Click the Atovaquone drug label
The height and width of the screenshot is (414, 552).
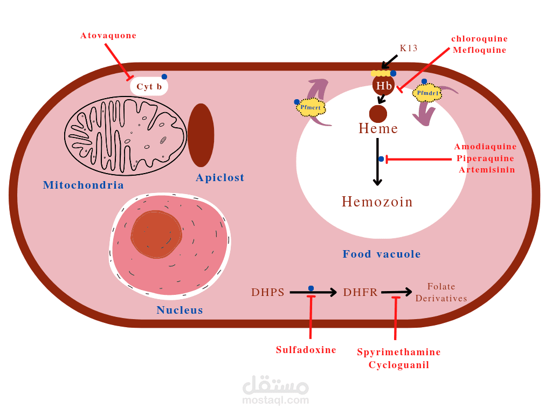(108, 36)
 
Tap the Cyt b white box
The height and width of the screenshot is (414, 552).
(149, 86)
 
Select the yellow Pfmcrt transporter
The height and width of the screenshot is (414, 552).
(310, 107)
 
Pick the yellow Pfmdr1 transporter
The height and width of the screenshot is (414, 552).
(427, 93)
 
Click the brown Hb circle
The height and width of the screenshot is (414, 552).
(383, 86)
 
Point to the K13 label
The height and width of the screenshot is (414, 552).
(409, 48)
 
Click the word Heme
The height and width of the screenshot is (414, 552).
(378, 128)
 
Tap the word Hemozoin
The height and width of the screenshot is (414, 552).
(377, 202)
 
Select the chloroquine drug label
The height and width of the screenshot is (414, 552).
(479, 39)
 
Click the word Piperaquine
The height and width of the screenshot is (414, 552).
(485, 158)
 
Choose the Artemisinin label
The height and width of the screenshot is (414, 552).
(487, 170)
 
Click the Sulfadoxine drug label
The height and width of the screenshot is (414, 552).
(306, 350)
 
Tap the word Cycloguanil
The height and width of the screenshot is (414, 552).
(399, 365)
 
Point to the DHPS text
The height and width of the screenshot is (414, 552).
(267, 292)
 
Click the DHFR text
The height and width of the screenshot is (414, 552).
(360, 292)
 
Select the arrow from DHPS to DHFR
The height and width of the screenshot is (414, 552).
(313, 292)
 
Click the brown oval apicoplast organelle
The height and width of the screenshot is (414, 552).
(201, 135)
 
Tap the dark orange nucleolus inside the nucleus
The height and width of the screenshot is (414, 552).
(156, 234)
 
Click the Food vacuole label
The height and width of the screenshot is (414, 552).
(382, 254)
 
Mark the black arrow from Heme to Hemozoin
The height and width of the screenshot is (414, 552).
(377, 162)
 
